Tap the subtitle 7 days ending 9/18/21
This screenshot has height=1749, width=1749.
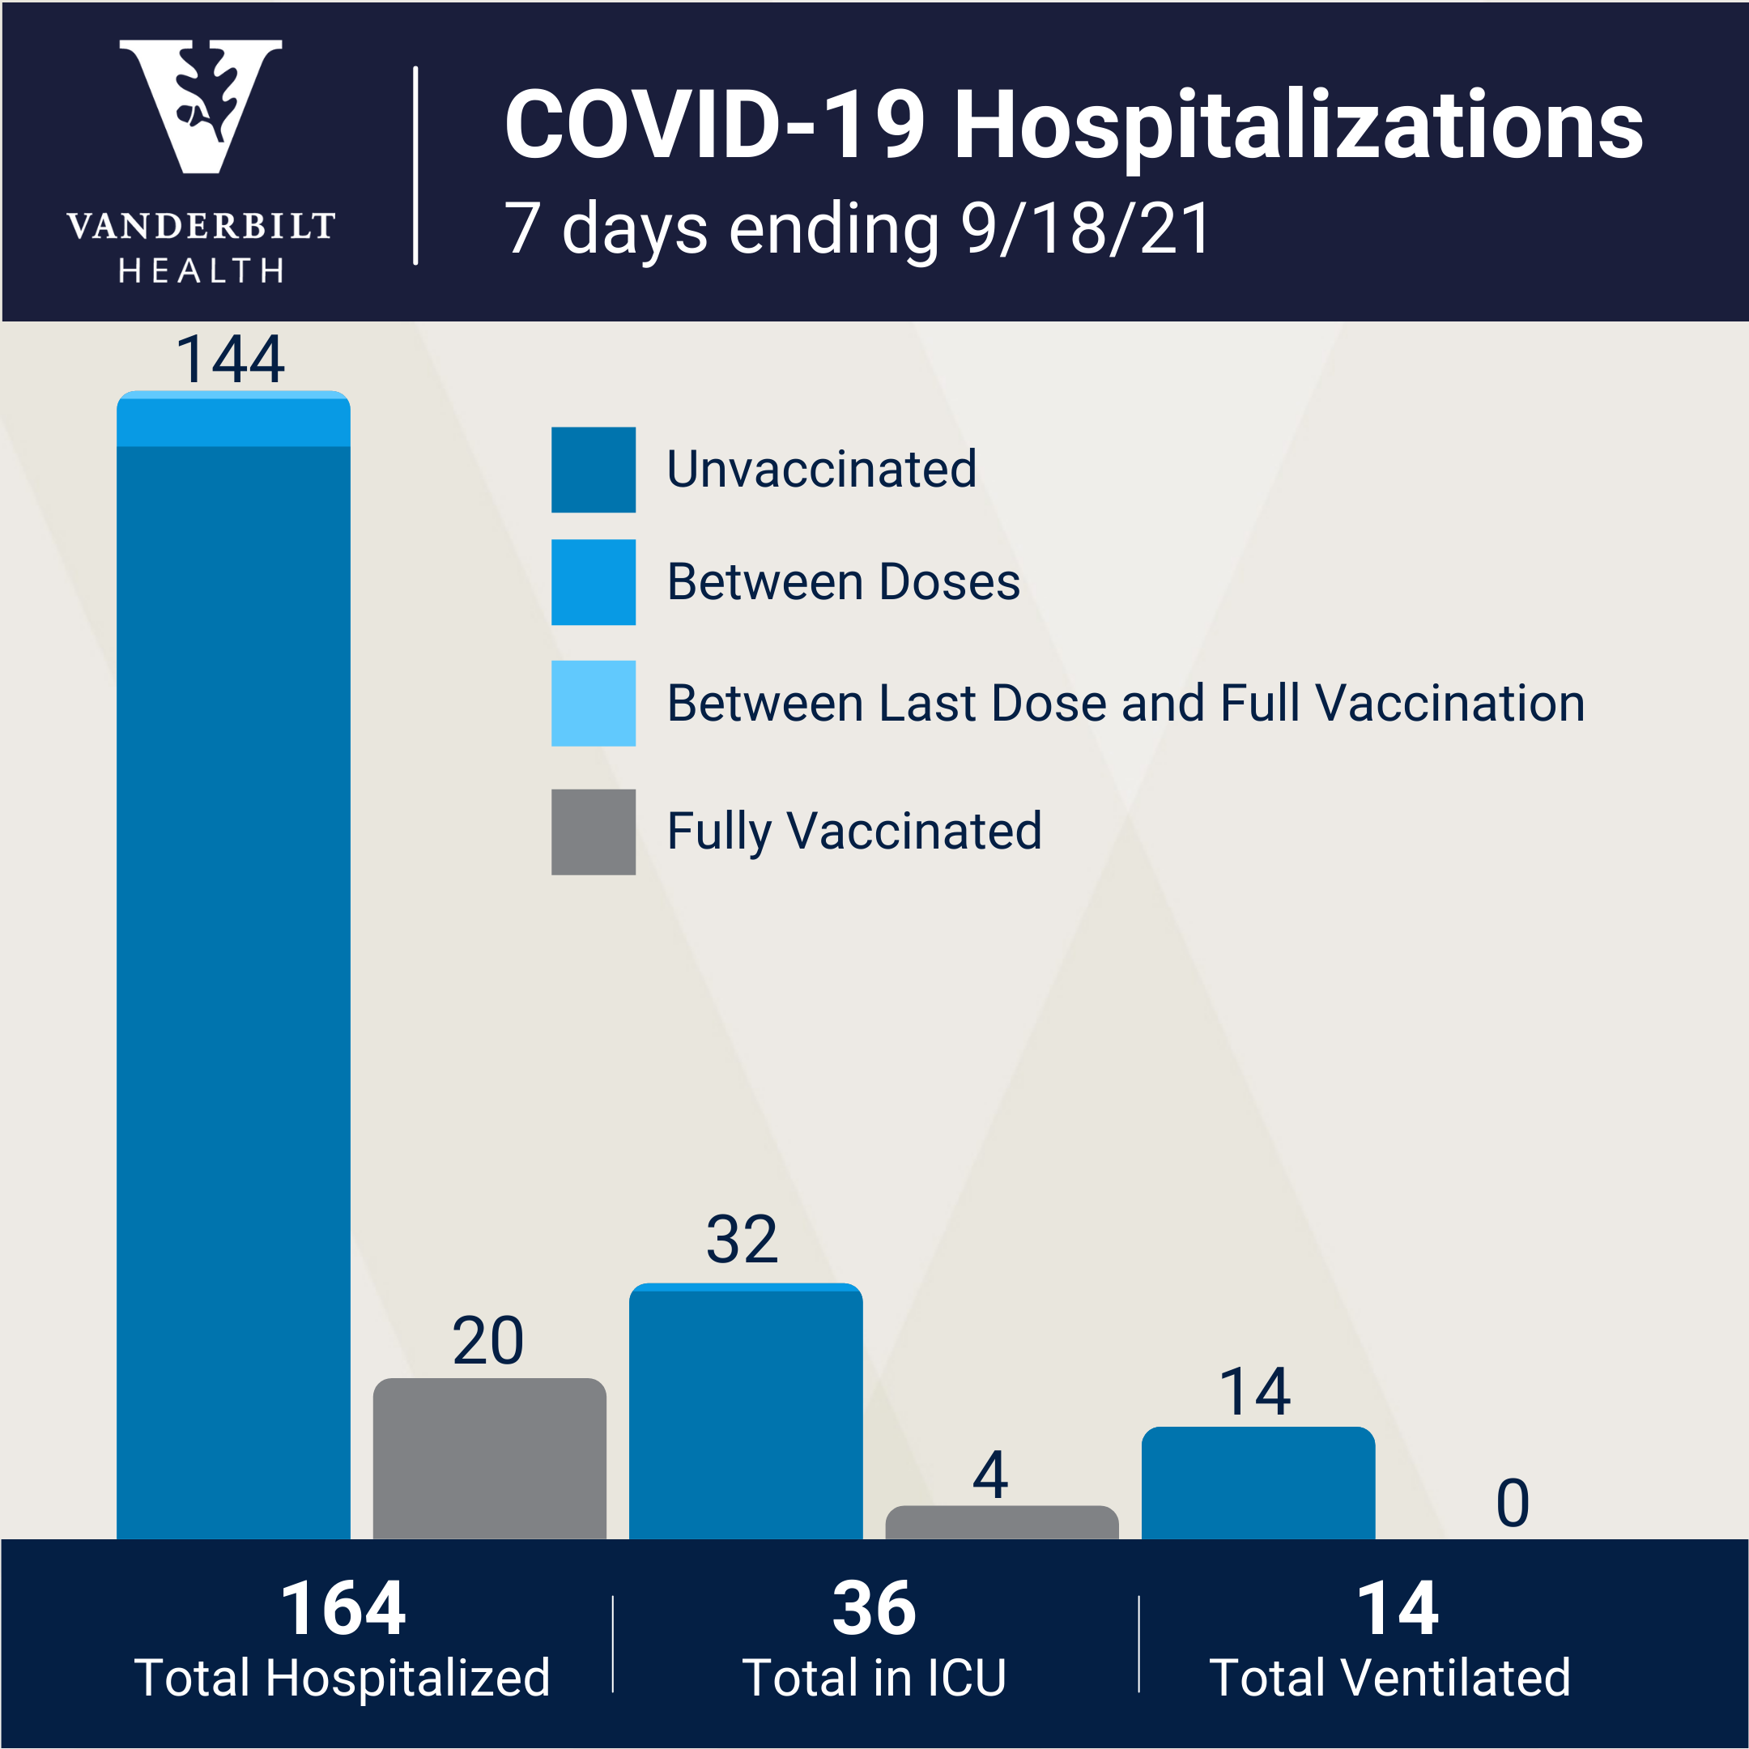pos(857,228)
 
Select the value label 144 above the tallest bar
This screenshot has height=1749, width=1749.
pos(230,360)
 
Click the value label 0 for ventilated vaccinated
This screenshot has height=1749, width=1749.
pos(1512,1504)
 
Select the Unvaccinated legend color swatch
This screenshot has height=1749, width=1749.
pos(593,470)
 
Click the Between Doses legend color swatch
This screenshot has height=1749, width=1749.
pos(593,582)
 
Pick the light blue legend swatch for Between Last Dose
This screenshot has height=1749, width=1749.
pos(593,704)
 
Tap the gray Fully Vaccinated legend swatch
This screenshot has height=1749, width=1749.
pos(593,832)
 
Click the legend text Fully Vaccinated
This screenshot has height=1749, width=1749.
pos(853,831)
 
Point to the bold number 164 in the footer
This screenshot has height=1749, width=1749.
pos(343,1609)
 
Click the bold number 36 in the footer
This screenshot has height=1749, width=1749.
pos(874,1609)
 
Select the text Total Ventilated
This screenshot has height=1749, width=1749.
pos(1389,1678)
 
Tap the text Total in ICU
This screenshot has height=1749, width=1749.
pos(874,1678)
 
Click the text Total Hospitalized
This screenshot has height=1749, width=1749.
pos(343,1678)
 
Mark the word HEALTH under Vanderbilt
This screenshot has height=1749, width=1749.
pos(201,270)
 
